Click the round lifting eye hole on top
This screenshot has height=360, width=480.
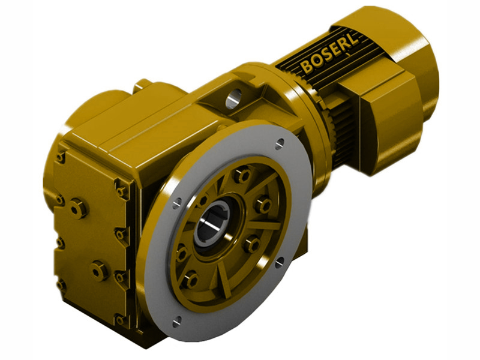[233, 95]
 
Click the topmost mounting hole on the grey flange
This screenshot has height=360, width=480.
[280, 143]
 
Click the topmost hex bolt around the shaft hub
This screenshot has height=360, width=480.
[243, 176]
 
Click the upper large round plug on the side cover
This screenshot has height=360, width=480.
[79, 208]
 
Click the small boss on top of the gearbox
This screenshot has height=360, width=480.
[142, 85]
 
